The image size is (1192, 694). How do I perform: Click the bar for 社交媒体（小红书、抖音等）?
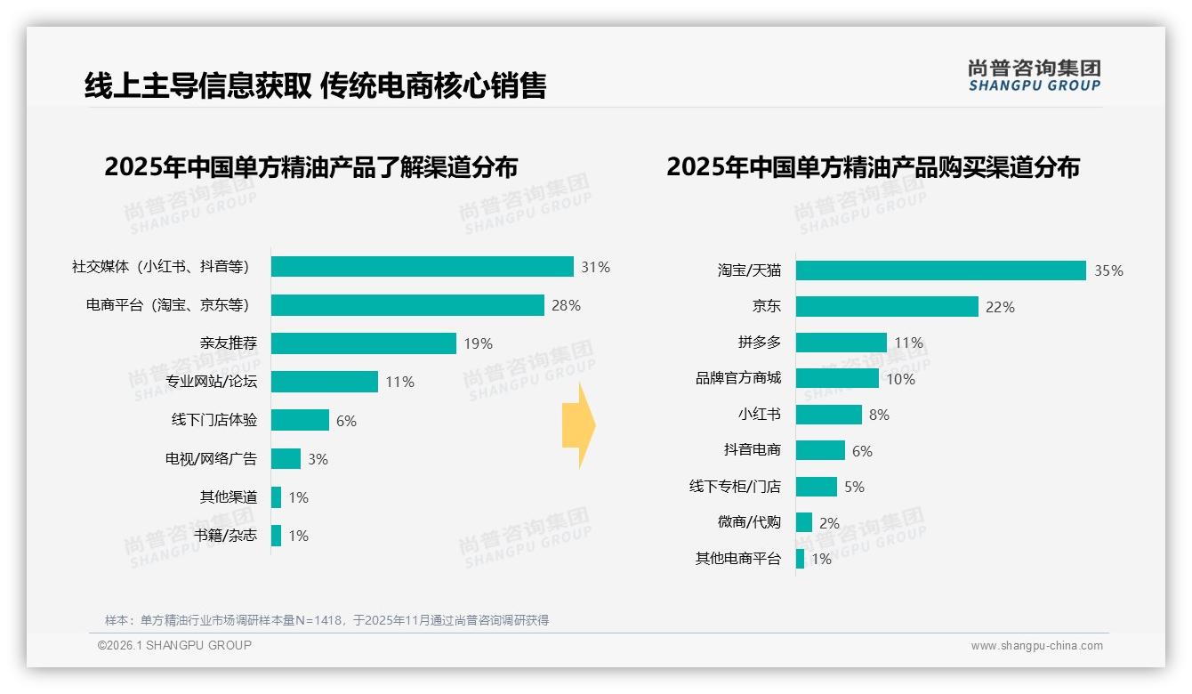[x=422, y=267]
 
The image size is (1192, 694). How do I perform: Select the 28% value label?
[x=566, y=305]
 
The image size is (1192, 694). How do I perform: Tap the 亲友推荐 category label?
[x=229, y=343]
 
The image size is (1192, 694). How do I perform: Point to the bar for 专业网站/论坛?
[x=325, y=382]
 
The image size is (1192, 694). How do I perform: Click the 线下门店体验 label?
[x=214, y=420]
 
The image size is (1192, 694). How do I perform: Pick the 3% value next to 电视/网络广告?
[x=318, y=459]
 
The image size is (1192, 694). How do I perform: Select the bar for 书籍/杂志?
[x=276, y=536]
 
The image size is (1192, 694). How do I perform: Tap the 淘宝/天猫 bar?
[x=940, y=270]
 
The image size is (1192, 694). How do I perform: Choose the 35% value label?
[x=1108, y=271]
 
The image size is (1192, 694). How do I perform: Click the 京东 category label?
[x=767, y=306]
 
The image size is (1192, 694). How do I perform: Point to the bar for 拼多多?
[x=841, y=343]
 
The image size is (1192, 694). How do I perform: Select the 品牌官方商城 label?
[x=738, y=378]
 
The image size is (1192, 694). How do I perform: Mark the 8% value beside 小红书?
[x=879, y=415]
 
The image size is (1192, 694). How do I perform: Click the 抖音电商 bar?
[x=820, y=450]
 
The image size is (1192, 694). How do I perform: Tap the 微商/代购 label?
[x=749, y=522]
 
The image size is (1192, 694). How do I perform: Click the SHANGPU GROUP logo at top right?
[x=1034, y=76]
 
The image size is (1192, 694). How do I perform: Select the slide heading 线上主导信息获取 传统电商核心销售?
[x=315, y=85]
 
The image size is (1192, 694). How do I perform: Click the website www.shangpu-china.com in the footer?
[x=1036, y=646]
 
